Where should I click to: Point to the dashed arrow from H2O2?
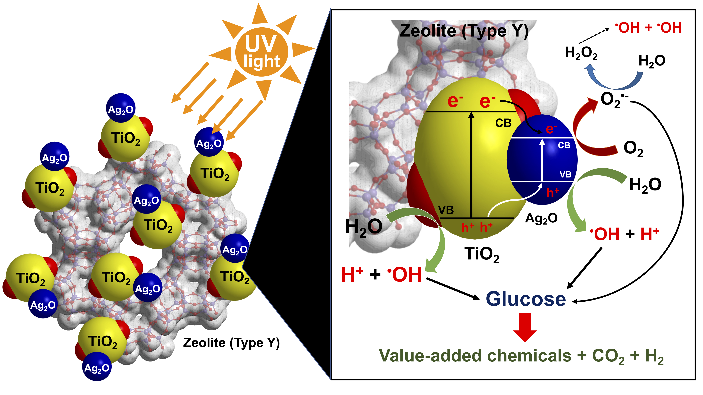[594, 35]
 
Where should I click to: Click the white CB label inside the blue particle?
[564, 145]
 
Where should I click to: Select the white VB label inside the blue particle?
[565, 174]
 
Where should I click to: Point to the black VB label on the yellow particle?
[446, 210]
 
